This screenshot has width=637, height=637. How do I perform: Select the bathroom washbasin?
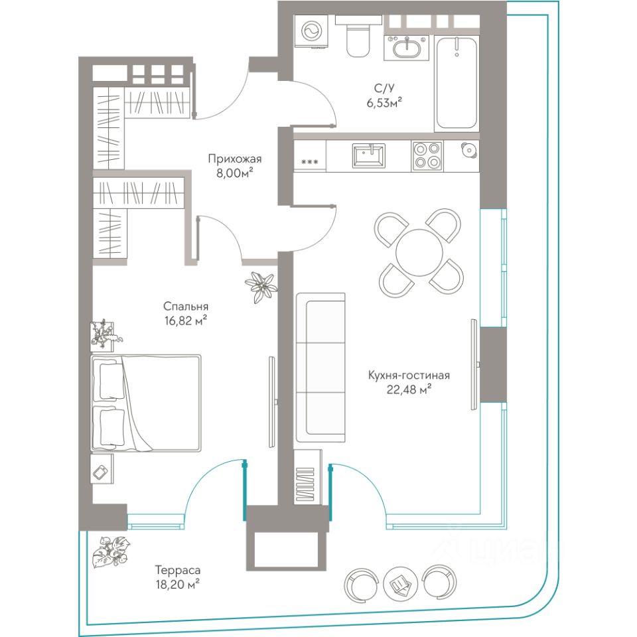coord(406,47)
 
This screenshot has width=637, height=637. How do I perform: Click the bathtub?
coord(457,83)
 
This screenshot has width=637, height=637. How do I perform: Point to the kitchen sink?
coord(369,155)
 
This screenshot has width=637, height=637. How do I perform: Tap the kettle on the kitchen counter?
coord(469,151)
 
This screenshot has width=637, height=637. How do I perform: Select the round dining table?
coord(419,252)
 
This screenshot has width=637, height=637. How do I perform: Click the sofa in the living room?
coord(320,367)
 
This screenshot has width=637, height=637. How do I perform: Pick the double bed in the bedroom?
coord(146,403)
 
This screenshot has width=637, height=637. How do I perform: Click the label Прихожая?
coord(234,159)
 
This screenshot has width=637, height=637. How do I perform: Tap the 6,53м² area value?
coord(384,102)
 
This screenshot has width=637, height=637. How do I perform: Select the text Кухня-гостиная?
coord(409,375)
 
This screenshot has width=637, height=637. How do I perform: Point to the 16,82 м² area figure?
coord(186,321)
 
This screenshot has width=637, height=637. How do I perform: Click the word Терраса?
coord(178,571)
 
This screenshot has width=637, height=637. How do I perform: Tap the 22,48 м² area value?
coord(409,390)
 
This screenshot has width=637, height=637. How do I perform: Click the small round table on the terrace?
coord(399,584)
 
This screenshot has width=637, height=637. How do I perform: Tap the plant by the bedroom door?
coord(261,287)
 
